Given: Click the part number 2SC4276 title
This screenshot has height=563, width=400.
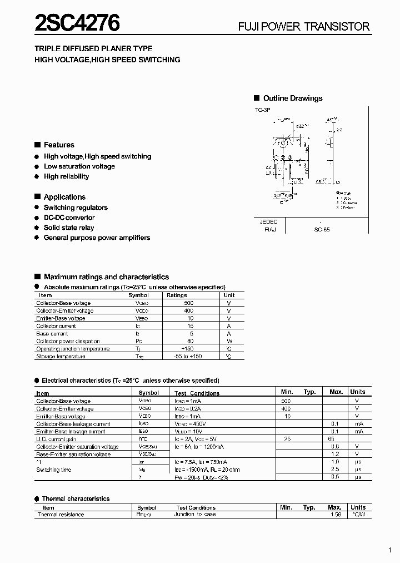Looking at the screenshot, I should tap(77, 24).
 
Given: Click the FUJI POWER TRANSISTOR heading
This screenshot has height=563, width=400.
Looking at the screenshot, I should tap(303, 27).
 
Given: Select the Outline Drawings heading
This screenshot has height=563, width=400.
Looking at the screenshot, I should tap(292, 98).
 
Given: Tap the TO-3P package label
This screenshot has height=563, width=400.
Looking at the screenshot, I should tap(263, 111).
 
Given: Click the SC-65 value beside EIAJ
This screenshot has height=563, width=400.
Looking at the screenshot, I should tap(322, 229).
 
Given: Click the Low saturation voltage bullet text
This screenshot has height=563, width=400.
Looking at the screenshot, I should tap(79, 166).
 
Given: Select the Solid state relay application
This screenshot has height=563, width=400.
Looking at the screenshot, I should tap(69, 228).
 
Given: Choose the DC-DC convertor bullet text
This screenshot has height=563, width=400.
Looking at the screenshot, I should tap(69, 218).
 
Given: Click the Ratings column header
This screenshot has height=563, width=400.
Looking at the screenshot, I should tap(177, 295).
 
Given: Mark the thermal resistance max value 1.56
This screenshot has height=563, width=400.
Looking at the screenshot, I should tap(335, 515).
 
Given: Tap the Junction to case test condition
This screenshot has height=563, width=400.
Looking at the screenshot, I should tap(195, 515).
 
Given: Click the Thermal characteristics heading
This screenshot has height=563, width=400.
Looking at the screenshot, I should tap(76, 499).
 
